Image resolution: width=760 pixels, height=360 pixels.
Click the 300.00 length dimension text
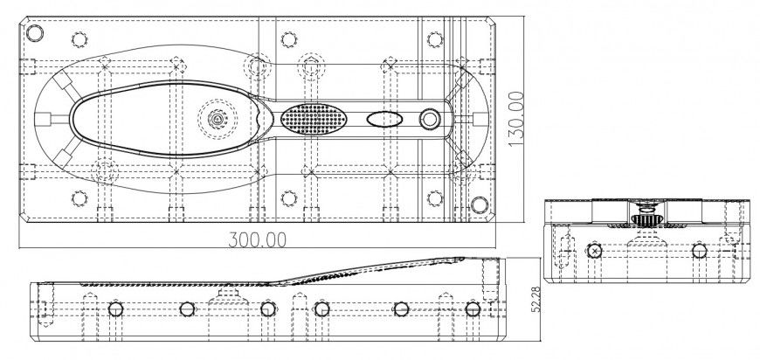(x=257, y=239)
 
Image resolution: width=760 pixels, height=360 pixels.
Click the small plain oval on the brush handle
(x=383, y=119)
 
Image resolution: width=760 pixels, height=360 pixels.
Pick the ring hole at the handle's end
(x=430, y=119)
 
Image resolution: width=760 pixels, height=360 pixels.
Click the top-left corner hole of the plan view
(x=34, y=34)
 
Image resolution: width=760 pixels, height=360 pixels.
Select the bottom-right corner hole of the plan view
(x=480, y=204)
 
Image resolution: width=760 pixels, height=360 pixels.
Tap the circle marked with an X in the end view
(x=595, y=252)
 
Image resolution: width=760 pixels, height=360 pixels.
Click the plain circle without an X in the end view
(x=699, y=251)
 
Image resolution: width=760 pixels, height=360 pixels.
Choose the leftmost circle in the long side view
(x=115, y=308)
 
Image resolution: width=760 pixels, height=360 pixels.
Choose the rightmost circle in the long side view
(x=473, y=308)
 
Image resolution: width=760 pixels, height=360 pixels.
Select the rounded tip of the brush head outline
(x=74, y=119)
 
